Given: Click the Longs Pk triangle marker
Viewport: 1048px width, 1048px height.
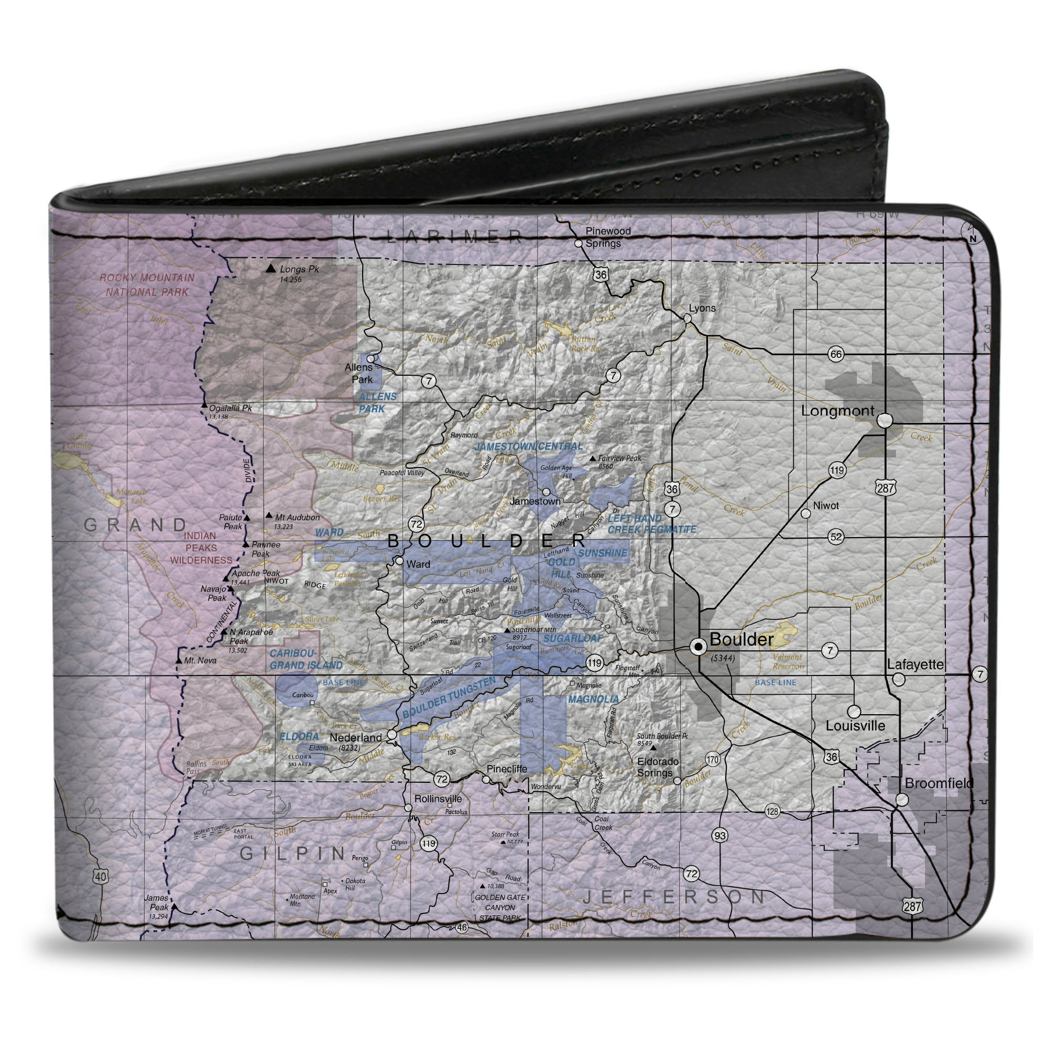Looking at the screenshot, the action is (270, 268).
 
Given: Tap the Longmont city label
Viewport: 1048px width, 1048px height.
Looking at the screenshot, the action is (837, 411).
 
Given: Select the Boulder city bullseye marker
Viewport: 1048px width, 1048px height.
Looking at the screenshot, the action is (698, 646).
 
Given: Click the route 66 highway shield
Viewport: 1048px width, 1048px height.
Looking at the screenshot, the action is (836, 354).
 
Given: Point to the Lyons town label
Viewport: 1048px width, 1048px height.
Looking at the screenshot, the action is (702, 308).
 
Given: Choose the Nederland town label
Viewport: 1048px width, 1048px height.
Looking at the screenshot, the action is (355, 738).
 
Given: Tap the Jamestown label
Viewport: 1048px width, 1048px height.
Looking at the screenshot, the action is (534, 501).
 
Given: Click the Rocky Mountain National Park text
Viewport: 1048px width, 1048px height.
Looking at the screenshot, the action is (147, 285).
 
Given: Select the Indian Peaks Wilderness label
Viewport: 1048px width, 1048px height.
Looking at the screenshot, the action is (201, 548).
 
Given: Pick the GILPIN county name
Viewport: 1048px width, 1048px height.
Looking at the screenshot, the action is (293, 853).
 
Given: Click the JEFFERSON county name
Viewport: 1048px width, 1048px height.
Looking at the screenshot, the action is (674, 897).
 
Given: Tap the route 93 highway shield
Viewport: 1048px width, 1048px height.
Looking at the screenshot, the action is (719, 836).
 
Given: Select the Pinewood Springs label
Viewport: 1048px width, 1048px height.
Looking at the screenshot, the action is (607, 237).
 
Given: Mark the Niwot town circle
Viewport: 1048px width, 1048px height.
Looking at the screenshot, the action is (806, 513).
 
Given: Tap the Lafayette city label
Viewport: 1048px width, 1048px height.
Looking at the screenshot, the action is (915, 664).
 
